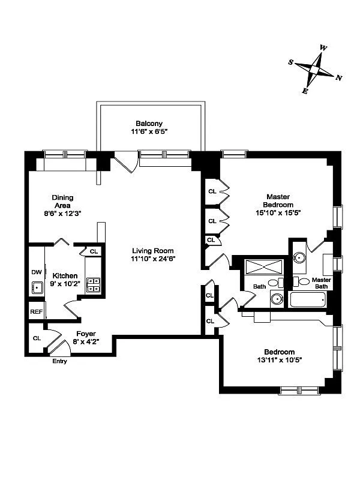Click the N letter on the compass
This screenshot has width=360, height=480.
click(338, 78)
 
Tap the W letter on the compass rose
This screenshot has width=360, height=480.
click(323, 48)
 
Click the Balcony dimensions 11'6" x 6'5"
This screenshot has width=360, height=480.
click(149, 131)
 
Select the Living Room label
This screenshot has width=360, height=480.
click(153, 251)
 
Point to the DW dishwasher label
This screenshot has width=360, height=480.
click(37, 272)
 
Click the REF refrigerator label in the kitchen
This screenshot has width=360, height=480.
click(37, 312)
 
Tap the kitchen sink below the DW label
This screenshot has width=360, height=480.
click(37, 288)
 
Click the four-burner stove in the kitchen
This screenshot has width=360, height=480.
click(93, 284)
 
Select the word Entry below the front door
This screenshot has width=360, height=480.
click(59, 361)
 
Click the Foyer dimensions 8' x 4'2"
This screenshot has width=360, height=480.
click(86, 341)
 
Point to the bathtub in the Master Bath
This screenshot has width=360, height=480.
click(308, 299)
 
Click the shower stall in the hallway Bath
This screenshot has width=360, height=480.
click(264, 267)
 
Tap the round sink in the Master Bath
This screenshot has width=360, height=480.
click(299, 257)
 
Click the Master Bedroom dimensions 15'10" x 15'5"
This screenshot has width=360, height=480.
click(278, 212)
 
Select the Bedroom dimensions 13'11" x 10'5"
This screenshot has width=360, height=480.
click(280, 360)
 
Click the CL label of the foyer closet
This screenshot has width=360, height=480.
click(37, 338)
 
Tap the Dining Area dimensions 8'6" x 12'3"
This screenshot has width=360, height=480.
click(62, 214)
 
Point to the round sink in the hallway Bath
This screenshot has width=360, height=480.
click(277, 298)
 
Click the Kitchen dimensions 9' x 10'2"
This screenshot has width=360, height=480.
click(65, 283)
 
